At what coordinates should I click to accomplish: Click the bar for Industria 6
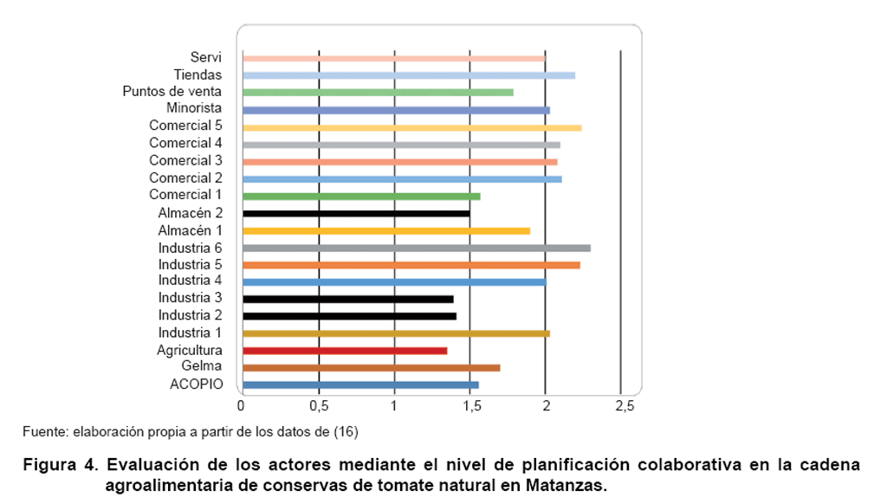click(x=416, y=248)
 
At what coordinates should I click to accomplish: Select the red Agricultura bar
click(x=345, y=351)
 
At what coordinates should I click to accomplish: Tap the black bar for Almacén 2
click(x=356, y=213)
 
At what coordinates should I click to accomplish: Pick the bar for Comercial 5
click(x=411, y=127)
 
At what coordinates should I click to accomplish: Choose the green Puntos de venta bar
click(x=378, y=92)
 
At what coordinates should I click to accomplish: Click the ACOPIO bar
click(x=360, y=384)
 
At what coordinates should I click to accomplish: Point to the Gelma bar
click(x=371, y=368)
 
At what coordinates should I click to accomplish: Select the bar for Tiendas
click(x=409, y=75)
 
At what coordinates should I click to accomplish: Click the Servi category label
click(x=206, y=57)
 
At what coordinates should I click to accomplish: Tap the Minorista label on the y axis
click(x=194, y=108)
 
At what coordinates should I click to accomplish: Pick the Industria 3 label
click(x=190, y=298)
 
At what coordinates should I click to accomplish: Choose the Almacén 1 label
click(x=190, y=229)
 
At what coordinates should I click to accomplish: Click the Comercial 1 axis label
click(x=185, y=195)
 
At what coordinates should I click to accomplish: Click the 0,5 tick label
click(x=319, y=405)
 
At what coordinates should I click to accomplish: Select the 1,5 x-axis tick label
click(x=469, y=405)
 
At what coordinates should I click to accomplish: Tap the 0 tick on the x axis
click(x=242, y=405)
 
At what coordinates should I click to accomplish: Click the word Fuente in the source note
click(x=41, y=430)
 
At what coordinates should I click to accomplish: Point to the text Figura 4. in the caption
click(x=61, y=465)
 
